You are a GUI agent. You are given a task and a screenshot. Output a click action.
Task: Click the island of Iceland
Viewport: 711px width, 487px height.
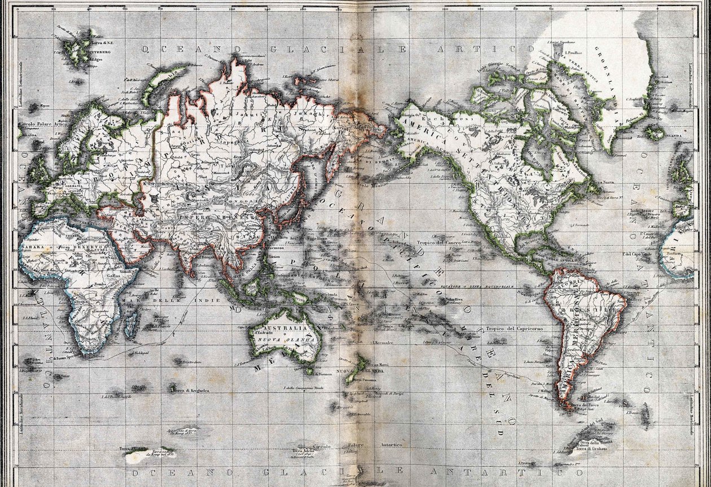point(655,133)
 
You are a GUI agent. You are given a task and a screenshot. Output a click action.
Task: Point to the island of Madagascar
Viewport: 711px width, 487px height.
point(131,324)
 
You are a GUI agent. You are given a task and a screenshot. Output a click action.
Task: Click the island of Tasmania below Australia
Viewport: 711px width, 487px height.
point(309,370)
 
